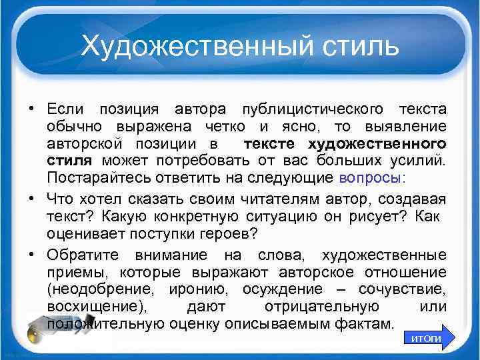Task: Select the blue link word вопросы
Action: (370, 178)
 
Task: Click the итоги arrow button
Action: (427, 338)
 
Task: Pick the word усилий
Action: (421, 161)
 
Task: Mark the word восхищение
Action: (90, 306)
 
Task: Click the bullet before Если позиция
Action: (32, 109)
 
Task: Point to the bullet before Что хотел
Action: (32, 199)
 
